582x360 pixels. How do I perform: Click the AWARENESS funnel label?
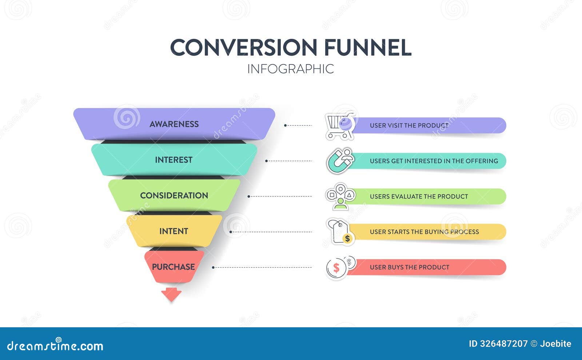[x=174, y=124]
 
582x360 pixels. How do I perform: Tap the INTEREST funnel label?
[x=174, y=160]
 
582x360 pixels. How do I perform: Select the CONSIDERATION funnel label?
[x=174, y=195]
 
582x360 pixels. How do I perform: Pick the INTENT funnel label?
[x=174, y=231]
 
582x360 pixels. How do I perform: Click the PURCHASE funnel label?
[x=173, y=267]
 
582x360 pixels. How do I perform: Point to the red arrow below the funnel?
[x=171, y=294]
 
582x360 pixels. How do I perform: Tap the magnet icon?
[x=340, y=161]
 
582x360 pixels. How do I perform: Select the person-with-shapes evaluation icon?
[x=340, y=196]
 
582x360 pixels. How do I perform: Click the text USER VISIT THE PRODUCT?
[x=409, y=125]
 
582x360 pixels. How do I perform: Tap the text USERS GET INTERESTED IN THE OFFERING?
[x=434, y=161]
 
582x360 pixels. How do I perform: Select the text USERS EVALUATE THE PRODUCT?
[x=419, y=196]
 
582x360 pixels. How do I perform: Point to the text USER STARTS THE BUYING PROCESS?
[x=424, y=232]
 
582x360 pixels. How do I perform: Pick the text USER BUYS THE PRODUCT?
[x=409, y=267]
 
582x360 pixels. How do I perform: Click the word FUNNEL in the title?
[x=367, y=47]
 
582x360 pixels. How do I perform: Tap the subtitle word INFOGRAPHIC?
[x=290, y=69]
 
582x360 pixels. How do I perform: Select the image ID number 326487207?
[x=503, y=344]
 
